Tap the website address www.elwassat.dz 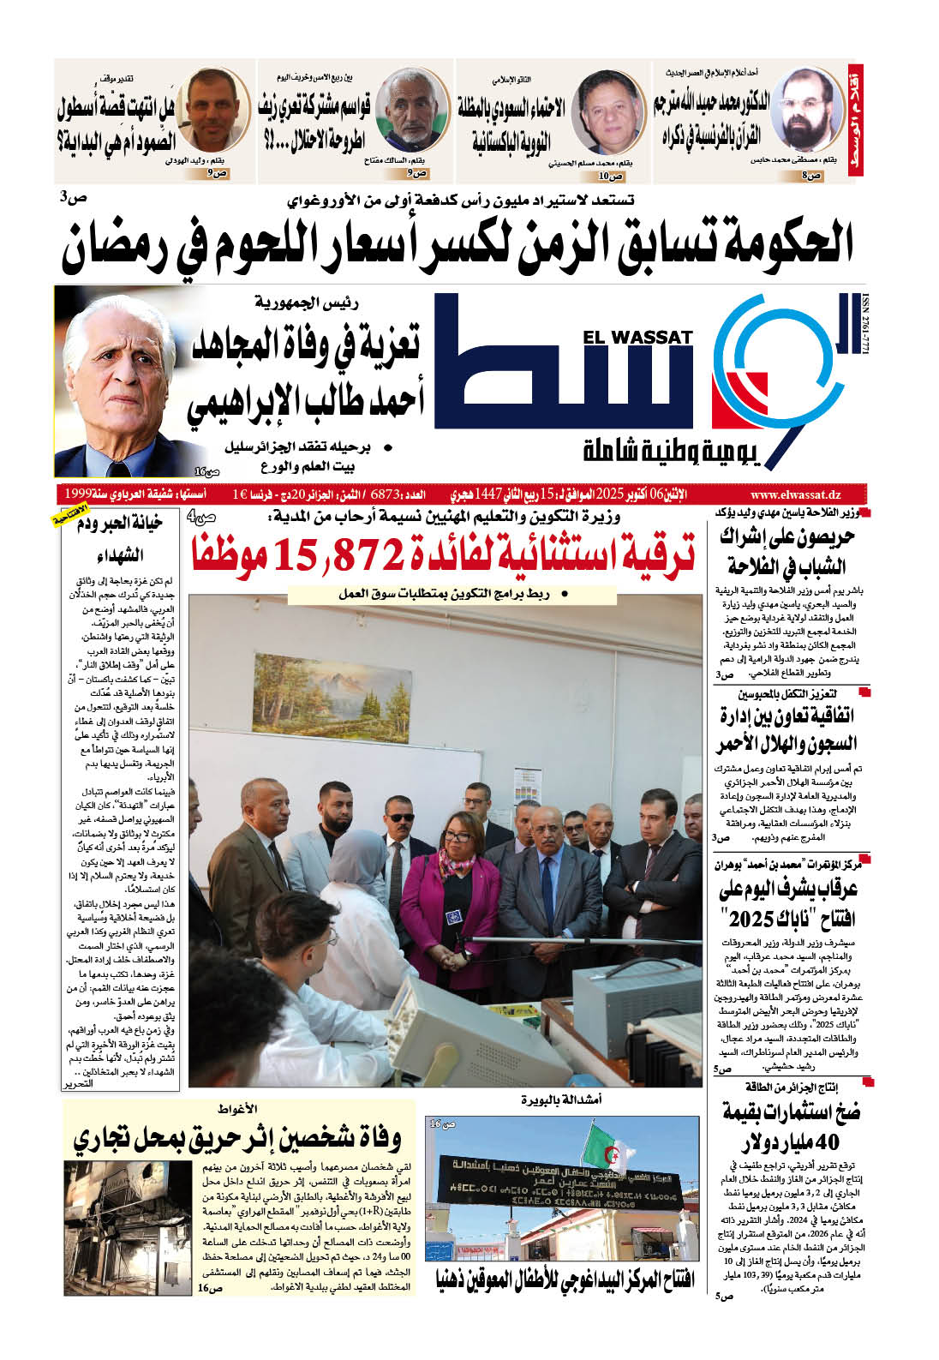point(794,495)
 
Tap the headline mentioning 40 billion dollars point(790,1127)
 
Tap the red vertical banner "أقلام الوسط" point(853,120)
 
